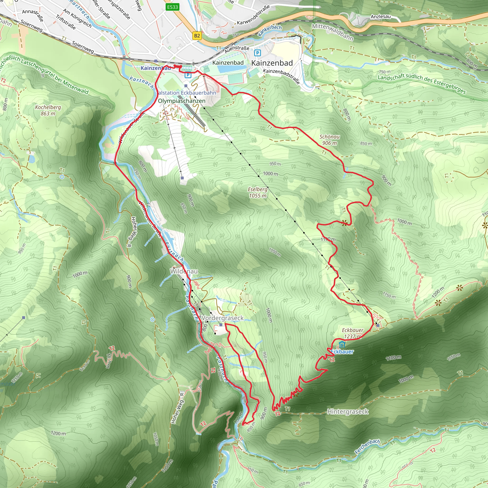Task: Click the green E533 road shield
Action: click(x=173, y=7)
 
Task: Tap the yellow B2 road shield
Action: click(x=197, y=36)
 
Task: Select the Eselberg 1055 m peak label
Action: click(x=257, y=193)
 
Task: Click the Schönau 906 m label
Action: click(x=329, y=140)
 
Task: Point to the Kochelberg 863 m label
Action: click(x=48, y=110)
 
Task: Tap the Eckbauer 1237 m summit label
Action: click(x=352, y=333)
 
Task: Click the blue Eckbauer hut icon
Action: click(x=342, y=344)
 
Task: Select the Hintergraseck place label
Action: click(x=348, y=412)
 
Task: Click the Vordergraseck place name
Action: click(x=223, y=318)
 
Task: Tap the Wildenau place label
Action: click(x=184, y=271)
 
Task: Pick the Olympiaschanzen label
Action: click(x=182, y=101)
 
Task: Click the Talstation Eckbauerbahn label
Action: click(x=186, y=93)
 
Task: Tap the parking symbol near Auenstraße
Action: click(x=257, y=53)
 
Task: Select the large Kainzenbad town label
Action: click(x=272, y=63)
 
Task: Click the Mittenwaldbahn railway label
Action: click(x=332, y=32)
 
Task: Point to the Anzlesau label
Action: click(x=380, y=17)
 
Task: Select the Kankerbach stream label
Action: click(x=269, y=30)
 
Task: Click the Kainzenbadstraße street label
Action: click(x=281, y=76)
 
